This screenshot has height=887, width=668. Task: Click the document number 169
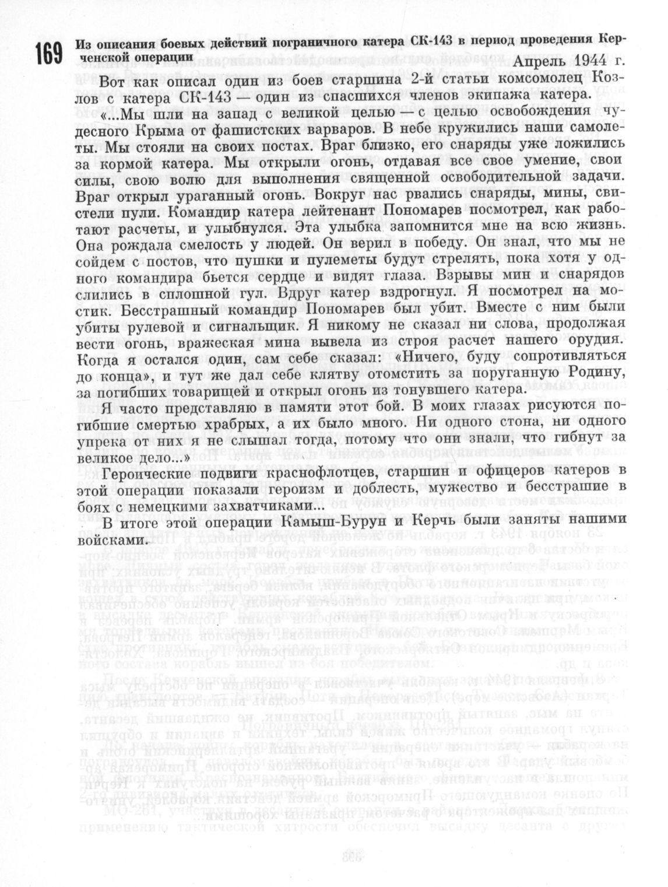tap(48, 54)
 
